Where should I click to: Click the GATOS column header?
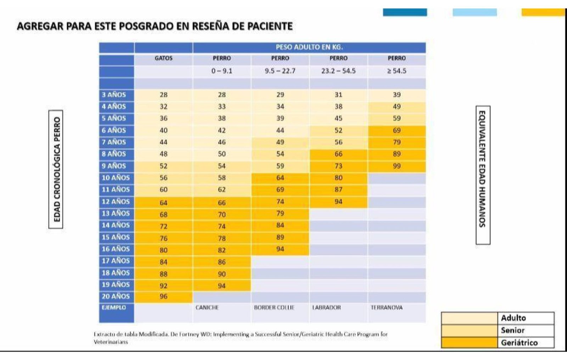click(163, 58)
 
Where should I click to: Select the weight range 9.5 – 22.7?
click(280, 71)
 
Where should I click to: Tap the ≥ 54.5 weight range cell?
click(397, 71)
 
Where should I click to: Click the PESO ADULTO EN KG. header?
click(309, 47)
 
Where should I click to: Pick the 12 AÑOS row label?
click(116, 202)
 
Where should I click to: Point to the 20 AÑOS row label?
click(116, 296)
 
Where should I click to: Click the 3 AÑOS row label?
click(114, 95)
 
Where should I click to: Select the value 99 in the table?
click(397, 166)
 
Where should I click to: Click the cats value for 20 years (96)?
click(163, 296)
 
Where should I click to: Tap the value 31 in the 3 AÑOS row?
click(338, 95)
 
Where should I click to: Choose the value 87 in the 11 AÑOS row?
click(338, 190)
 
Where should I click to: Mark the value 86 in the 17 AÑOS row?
click(222, 262)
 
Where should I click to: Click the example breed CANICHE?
click(207, 308)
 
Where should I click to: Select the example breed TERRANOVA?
click(387, 308)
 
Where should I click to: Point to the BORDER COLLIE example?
click(274, 308)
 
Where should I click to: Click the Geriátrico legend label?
click(519, 343)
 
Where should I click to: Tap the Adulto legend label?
click(513, 318)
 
